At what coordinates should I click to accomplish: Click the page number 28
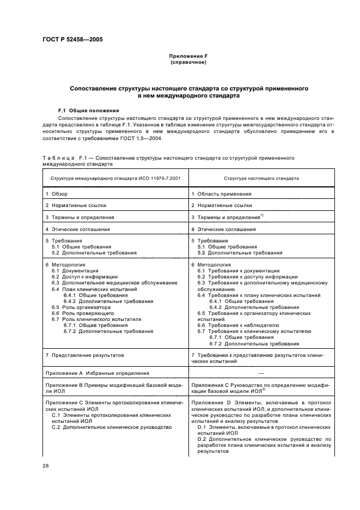point(46,465)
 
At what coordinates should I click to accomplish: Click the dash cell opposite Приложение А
point(261,373)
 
